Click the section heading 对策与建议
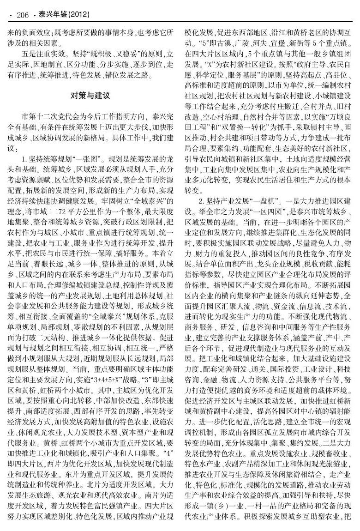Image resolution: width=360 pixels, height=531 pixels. coord(90,96)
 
